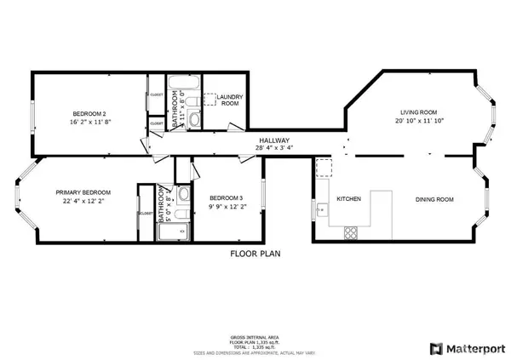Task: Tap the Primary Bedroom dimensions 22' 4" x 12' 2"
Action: (x=78, y=201)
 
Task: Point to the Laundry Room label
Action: (x=230, y=100)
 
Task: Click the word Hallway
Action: (x=274, y=141)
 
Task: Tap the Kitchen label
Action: (x=348, y=199)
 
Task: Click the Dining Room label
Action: (x=434, y=199)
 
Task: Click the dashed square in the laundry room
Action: (x=210, y=100)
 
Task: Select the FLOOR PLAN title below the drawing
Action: (x=255, y=254)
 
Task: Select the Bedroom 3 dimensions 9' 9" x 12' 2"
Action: (x=226, y=206)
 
